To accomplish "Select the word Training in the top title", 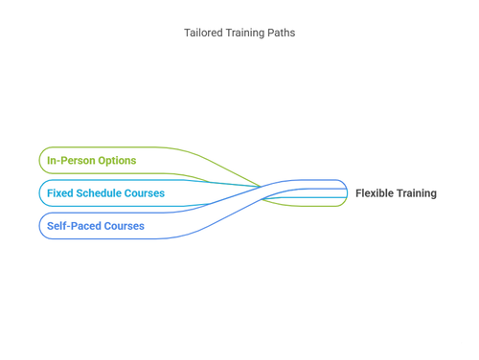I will (x=243, y=33).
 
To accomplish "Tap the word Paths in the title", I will (x=282, y=33).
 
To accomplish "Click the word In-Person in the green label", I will (x=69, y=161).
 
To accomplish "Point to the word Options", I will (x=115, y=161).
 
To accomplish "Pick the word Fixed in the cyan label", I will (x=59, y=193).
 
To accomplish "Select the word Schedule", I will (x=99, y=193).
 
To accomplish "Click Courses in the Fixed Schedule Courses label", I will (x=145, y=193).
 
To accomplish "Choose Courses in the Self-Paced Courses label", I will (x=125, y=226).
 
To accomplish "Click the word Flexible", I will (x=376, y=193).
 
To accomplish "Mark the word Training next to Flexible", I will (x=418, y=193).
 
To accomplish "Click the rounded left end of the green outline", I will (x=40, y=161).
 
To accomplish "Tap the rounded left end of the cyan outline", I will (x=40, y=193).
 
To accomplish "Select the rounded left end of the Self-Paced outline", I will (x=40, y=226).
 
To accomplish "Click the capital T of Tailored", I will (x=187, y=33).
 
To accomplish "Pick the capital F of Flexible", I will (x=359, y=193).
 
